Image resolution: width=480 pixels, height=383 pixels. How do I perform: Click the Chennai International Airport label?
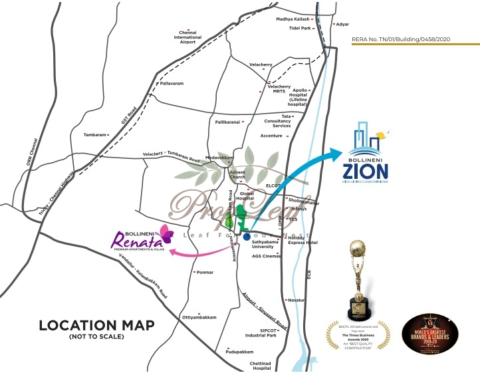pyautogui.click(x=187, y=37)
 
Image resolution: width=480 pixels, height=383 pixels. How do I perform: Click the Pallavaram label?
pyautogui.click(x=170, y=84)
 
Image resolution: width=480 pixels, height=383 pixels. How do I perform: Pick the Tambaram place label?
pyautogui.click(x=95, y=135)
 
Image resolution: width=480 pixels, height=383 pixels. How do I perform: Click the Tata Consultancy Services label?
pyautogui.click(x=277, y=121)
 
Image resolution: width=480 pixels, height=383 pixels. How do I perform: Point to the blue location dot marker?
pyautogui.click(x=247, y=236)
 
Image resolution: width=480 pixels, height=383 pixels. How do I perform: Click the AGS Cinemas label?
pyautogui.click(x=266, y=256)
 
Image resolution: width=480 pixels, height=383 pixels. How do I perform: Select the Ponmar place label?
pyautogui.click(x=205, y=272)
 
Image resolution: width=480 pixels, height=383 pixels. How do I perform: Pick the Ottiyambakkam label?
pyautogui.click(x=199, y=318)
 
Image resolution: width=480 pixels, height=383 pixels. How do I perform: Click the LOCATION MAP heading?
pyautogui.click(x=96, y=326)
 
